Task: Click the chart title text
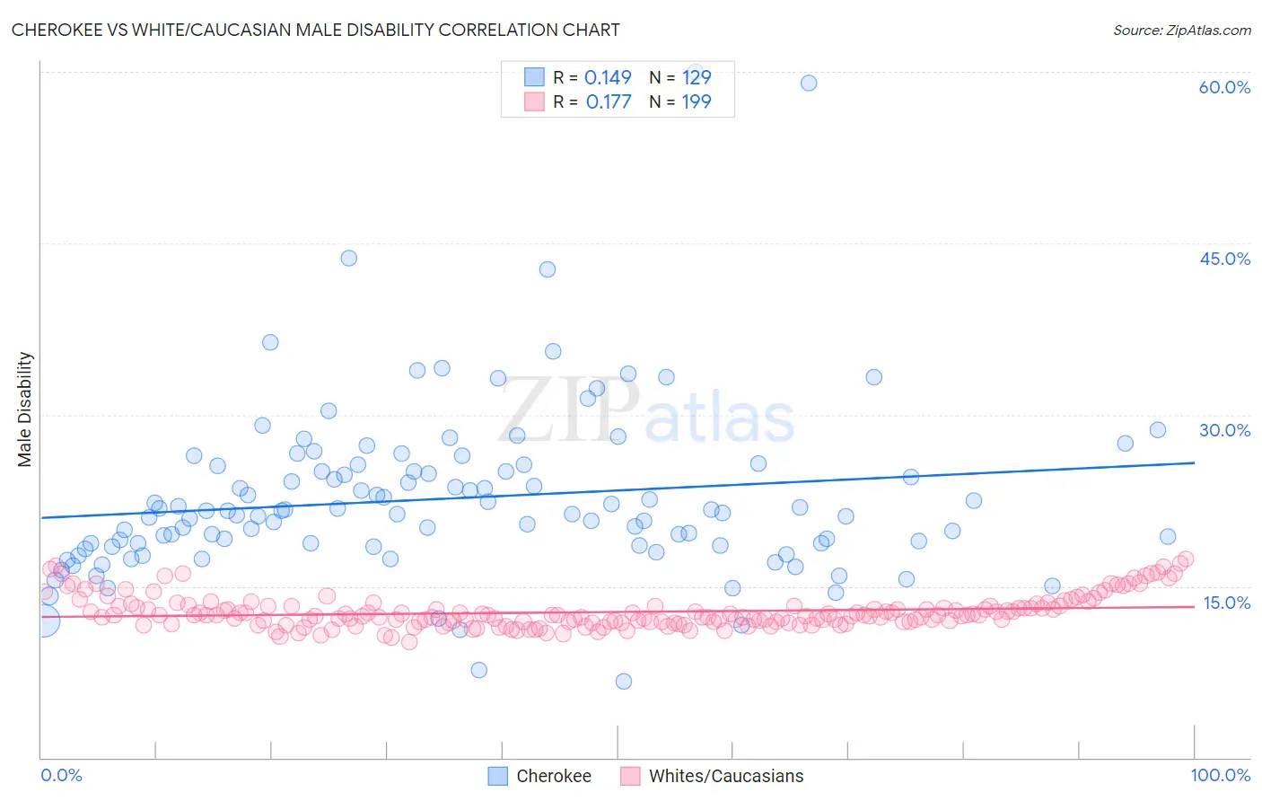tap(315, 30)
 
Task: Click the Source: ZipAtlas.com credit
tap(1181, 30)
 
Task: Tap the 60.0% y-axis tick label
tap(1224, 87)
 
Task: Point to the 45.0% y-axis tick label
tap(1224, 259)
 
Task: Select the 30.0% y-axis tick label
tap(1224, 430)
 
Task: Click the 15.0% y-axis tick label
tap(1226, 603)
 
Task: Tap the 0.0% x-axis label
tap(61, 775)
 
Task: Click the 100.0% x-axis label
tap(1220, 775)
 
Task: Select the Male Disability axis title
tap(25, 409)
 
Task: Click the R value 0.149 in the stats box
tap(608, 77)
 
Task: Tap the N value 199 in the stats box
tap(697, 101)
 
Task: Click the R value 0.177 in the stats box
tap(609, 101)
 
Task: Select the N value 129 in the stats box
tap(697, 77)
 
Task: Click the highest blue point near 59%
tap(809, 83)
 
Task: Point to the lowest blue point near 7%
tap(624, 682)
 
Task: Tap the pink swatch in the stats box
tap(534, 101)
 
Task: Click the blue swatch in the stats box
tap(534, 77)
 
